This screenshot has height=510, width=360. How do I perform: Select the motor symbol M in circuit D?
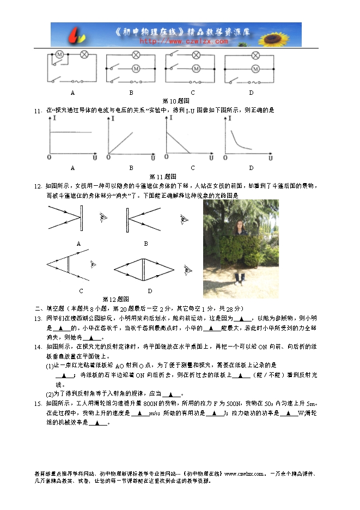(x=254, y=69)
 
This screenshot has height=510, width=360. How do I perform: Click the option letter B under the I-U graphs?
(x=131, y=168)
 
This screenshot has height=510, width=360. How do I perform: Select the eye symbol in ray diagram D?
(x=188, y=269)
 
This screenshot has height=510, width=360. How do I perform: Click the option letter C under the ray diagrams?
(x=81, y=291)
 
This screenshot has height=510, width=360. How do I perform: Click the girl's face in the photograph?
(x=238, y=224)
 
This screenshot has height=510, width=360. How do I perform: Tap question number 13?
(x=38, y=318)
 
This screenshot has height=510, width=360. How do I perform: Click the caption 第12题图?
(x=115, y=299)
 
